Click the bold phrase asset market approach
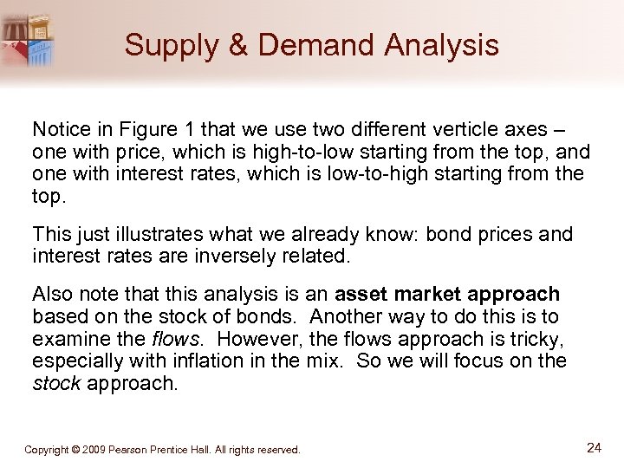coord(447,294)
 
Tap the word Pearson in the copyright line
coord(134,450)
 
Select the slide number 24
coord(594,447)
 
